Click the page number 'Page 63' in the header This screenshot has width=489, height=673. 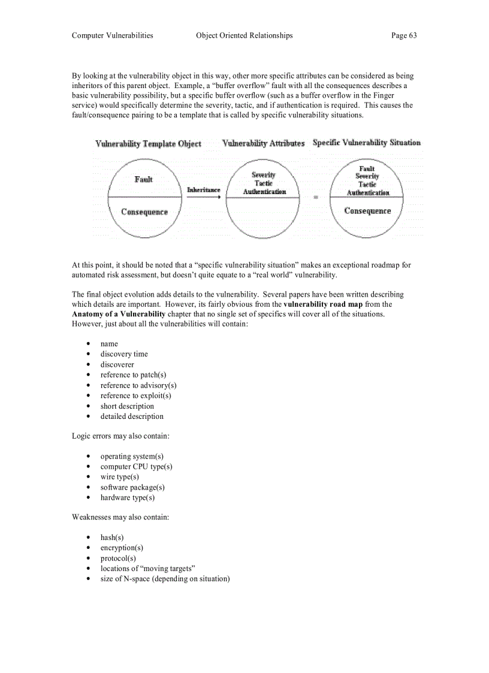pyautogui.click(x=403, y=35)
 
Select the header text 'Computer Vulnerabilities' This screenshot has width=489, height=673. pyautogui.click(x=112, y=35)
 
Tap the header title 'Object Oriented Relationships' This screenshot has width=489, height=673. pyautogui.click(x=244, y=35)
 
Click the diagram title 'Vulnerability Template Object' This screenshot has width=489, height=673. pyautogui.click(x=148, y=144)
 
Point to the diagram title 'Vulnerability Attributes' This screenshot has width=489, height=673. pyautogui.click(x=263, y=143)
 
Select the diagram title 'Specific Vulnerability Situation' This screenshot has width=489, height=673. pyautogui.click(x=366, y=143)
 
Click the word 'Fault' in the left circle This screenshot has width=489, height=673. pyautogui.click(x=144, y=179)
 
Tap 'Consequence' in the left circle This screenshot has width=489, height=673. pyautogui.click(x=144, y=212)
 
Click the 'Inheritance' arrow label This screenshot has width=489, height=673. pyautogui.click(x=204, y=190)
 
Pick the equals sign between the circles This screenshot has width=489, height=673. pyautogui.click(x=316, y=197)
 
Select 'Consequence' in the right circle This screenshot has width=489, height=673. pyautogui.click(x=367, y=211)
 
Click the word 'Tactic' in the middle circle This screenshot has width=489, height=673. pyautogui.click(x=264, y=183)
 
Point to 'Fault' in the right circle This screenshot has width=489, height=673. pyautogui.click(x=367, y=169)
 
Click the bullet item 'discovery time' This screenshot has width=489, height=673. pyautogui.click(x=124, y=354)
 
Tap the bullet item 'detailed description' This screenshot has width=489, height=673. pyautogui.click(x=132, y=417)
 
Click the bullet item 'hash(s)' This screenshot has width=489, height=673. pyautogui.click(x=112, y=538)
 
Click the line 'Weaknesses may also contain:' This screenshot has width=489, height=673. pyautogui.click(x=120, y=517)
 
